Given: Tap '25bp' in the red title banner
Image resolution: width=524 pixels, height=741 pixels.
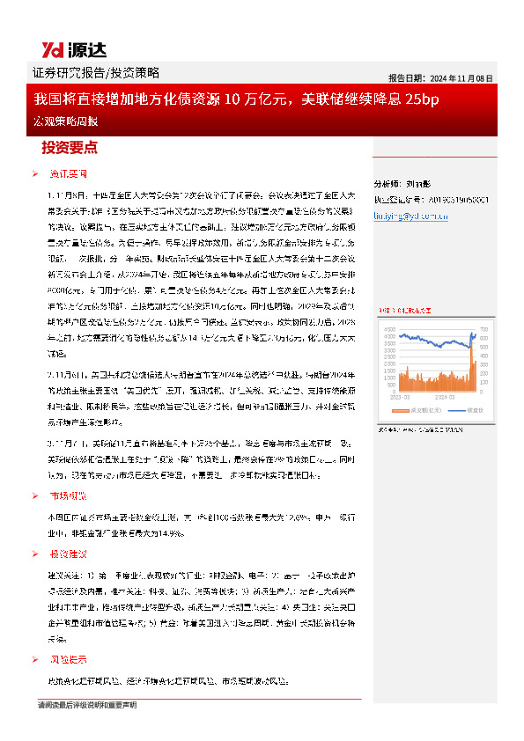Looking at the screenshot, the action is point(422,99).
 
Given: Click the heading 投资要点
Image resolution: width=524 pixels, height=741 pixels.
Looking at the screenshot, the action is point(70,147).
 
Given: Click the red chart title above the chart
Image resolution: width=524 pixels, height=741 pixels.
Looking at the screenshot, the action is point(405,310).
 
